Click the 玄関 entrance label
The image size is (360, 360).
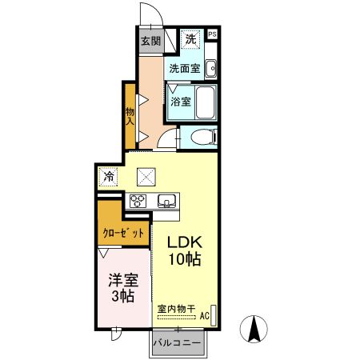coord(151,42)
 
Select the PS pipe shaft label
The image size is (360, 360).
coord(213,34)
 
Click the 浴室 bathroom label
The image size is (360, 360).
coord(181,102)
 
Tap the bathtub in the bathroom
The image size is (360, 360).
coord(205,102)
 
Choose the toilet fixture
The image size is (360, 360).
coord(202,137)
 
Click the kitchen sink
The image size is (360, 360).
coord(167,200)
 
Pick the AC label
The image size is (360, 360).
coord(204,316)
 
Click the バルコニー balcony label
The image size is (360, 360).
coord(178,342)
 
